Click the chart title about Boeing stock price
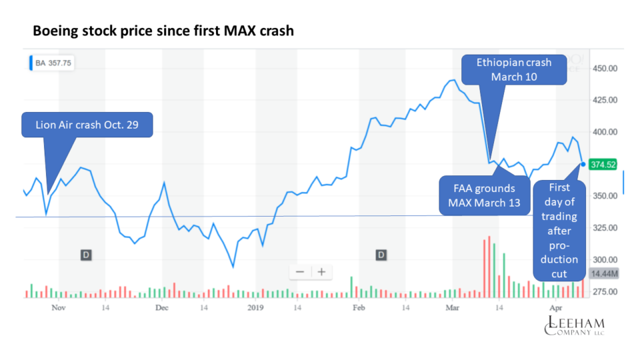coord(163,31)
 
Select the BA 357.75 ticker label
coord(53,63)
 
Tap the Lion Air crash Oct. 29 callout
coord(87,125)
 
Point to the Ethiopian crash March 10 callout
coord(514,69)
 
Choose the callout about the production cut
coord(559,230)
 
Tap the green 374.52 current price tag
coord(603,164)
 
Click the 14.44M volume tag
coord(603,274)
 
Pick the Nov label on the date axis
coord(59,308)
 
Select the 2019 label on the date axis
coord(255,308)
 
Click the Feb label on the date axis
coord(359,308)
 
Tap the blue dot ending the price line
coord(583,163)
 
